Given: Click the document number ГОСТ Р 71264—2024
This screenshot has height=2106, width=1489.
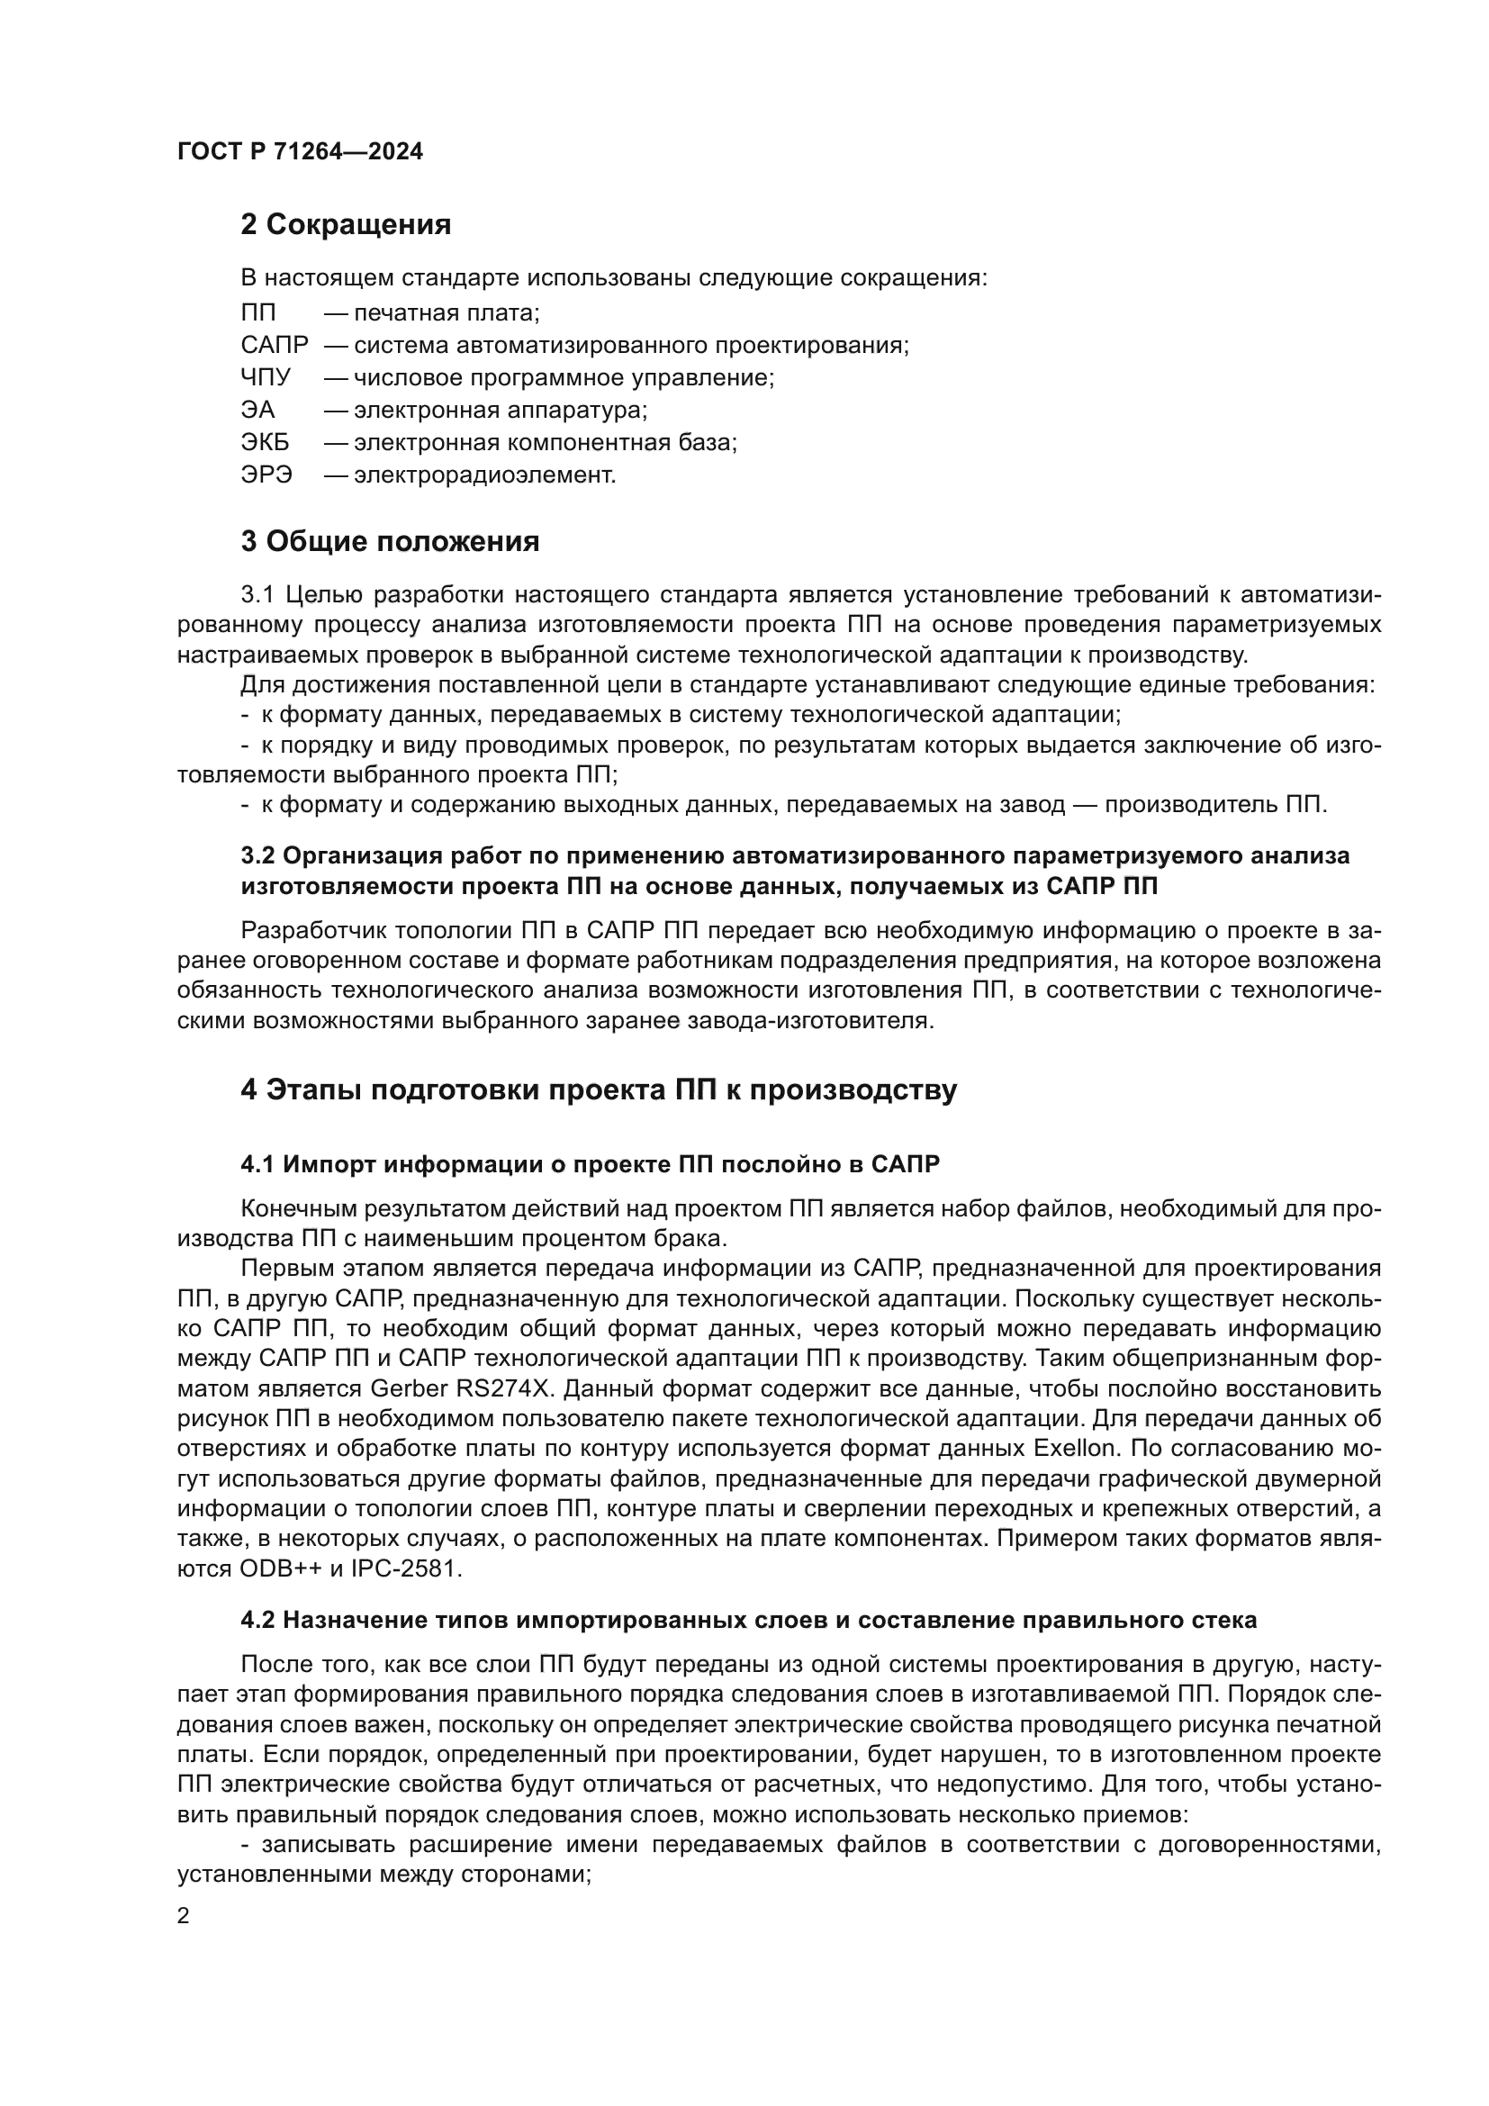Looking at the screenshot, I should click(x=300, y=152).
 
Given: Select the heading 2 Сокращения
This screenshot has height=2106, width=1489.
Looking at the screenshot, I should click(x=346, y=225).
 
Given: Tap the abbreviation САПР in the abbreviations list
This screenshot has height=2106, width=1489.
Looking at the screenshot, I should click(x=275, y=346).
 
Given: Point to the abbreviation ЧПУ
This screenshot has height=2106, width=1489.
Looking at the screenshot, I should click(x=266, y=378).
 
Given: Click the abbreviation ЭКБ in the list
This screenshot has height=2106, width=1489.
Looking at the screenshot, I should click(x=265, y=443).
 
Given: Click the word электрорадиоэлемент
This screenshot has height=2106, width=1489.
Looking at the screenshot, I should click(x=484, y=475).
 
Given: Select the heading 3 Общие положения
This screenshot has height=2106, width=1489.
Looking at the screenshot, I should click(x=390, y=542).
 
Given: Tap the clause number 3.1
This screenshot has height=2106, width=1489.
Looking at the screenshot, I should click(x=257, y=595).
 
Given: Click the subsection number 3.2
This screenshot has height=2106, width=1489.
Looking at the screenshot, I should click(x=257, y=855).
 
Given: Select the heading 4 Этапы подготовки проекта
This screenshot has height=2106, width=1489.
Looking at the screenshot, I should click(x=598, y=1089).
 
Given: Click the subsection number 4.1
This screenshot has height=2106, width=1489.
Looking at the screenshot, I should click(x=257, y=1165).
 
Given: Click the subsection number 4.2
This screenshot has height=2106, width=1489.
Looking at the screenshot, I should click(x=257, y=1621).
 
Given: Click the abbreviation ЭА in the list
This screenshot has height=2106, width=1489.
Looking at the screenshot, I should click(x=257, y=410).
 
